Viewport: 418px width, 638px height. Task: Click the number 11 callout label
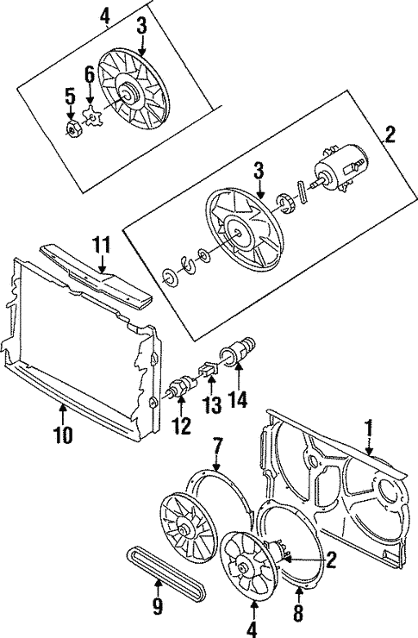(x=102, y=246)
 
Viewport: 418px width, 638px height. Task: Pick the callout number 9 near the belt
(x=158, y=606)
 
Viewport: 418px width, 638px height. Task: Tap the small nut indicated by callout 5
(x=73, y=130)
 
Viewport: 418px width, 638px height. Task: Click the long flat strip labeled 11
(x=99, y=280)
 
